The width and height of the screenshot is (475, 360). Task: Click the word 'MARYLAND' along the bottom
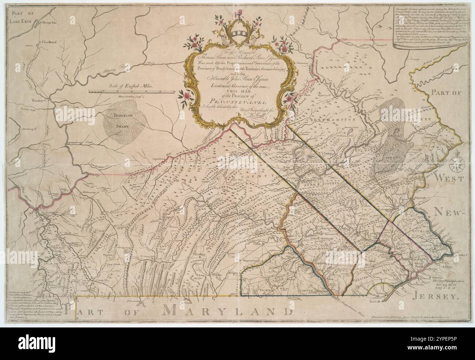pos(227,312)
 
